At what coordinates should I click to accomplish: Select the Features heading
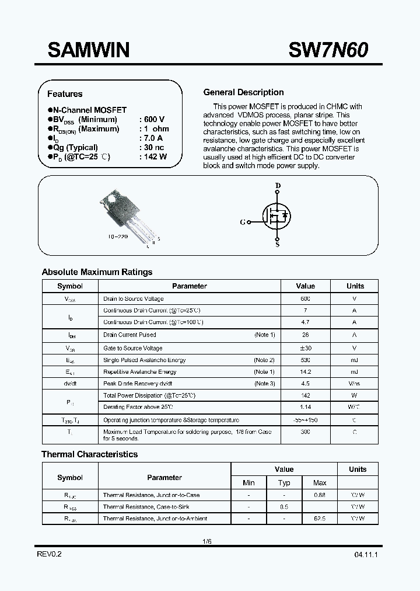click(x=65, y=93)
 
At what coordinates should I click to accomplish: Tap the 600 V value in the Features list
click(x=153, y=119)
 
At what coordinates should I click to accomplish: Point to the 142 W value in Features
click(x=153, y=157)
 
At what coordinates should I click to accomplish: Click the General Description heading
click(x=243, y=92)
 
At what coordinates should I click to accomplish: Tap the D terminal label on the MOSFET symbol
click(x=278, y=186)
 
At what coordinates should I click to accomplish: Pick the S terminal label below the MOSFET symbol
click(x=277, y=244)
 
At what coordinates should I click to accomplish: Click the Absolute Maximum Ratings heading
click(x=97, y=272)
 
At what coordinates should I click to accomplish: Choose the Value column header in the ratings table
click(x=305, y=286)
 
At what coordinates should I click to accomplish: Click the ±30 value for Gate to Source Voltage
click(x=305, y=348)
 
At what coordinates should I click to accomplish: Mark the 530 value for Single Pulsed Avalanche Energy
click(x=305, y=360)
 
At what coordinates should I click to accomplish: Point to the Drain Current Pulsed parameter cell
click(x=129, y=335)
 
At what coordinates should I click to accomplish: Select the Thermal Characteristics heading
click(x=89, y=454)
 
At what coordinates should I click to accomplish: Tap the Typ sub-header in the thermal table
click(x=284, y=482)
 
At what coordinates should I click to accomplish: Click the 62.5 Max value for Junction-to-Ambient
click(x=320, y=519)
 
